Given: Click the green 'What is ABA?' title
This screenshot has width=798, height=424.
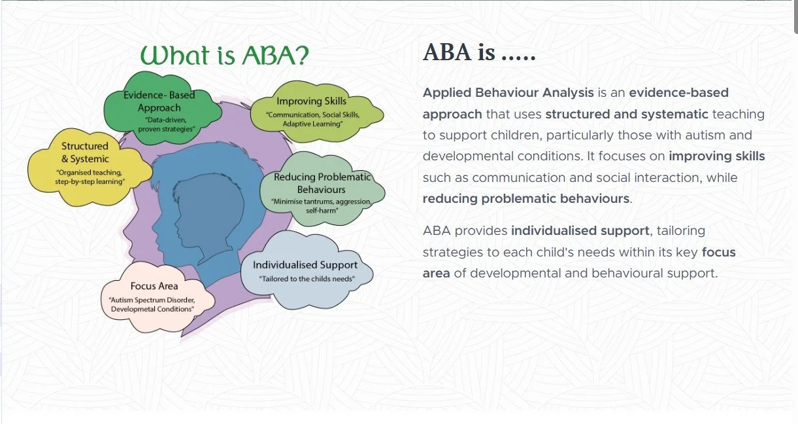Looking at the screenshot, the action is (x=224, y=55).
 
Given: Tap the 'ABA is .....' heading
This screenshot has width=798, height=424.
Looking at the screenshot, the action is (x=479, y=52).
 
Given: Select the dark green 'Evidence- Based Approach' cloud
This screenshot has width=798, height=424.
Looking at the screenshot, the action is (x=162, y=108).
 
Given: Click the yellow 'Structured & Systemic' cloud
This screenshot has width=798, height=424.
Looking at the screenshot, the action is (x=89, y=167).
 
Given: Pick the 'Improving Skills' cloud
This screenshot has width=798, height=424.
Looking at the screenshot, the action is (x=316, y=111).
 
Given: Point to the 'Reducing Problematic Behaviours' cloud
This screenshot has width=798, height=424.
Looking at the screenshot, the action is (x=322, y=189).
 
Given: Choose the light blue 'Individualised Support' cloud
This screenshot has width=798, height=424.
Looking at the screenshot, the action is (x=307, y=270).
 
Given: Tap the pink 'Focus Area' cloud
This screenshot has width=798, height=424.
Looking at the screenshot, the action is (x=157, y=296).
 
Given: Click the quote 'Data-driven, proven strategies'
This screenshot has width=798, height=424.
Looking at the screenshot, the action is (x=167, y=124).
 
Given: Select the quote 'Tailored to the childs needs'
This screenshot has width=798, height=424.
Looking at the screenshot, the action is (x=307, y=279).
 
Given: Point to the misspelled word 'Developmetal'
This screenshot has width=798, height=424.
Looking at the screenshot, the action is (x=131, y=309).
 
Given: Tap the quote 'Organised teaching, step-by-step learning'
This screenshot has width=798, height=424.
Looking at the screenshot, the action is (x=90, y=177).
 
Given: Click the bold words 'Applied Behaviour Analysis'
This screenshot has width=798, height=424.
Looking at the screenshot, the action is (x=508, y=93).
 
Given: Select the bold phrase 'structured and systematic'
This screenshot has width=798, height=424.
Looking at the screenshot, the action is (x=627, y=114).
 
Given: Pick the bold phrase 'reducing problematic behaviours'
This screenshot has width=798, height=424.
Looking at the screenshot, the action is (x=526, y=199).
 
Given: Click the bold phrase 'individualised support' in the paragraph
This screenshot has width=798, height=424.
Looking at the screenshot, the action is (x=580, y=231).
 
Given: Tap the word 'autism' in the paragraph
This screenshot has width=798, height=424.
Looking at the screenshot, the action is (x=705, y=135).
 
